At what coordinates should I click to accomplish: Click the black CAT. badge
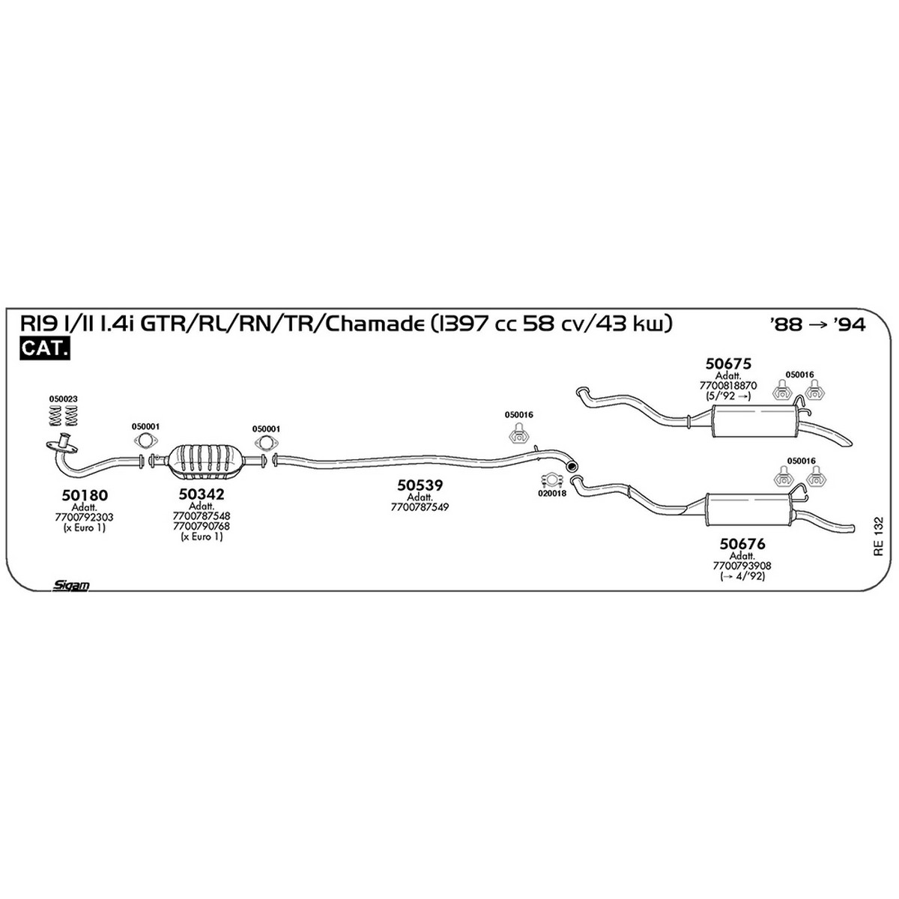click(44, 348)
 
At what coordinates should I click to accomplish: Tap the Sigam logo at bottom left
click(71, 586)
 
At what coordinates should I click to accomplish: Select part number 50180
click(85, 495)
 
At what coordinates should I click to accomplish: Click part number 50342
click(202, 494)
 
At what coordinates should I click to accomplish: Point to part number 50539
click(420, 485)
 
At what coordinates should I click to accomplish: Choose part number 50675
click(728, 363)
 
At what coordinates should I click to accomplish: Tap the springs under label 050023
click(64, 415)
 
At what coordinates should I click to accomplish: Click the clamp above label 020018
click(552, 479)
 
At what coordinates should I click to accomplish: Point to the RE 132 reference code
click(879, 536)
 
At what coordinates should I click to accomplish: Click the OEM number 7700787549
click(420, 507)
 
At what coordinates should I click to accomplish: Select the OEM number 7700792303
click(84, 518)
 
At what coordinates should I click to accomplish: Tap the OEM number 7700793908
click(742, 566)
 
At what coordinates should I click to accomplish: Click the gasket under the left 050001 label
click(146, 441)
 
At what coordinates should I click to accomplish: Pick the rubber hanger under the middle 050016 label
click(518, 434)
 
